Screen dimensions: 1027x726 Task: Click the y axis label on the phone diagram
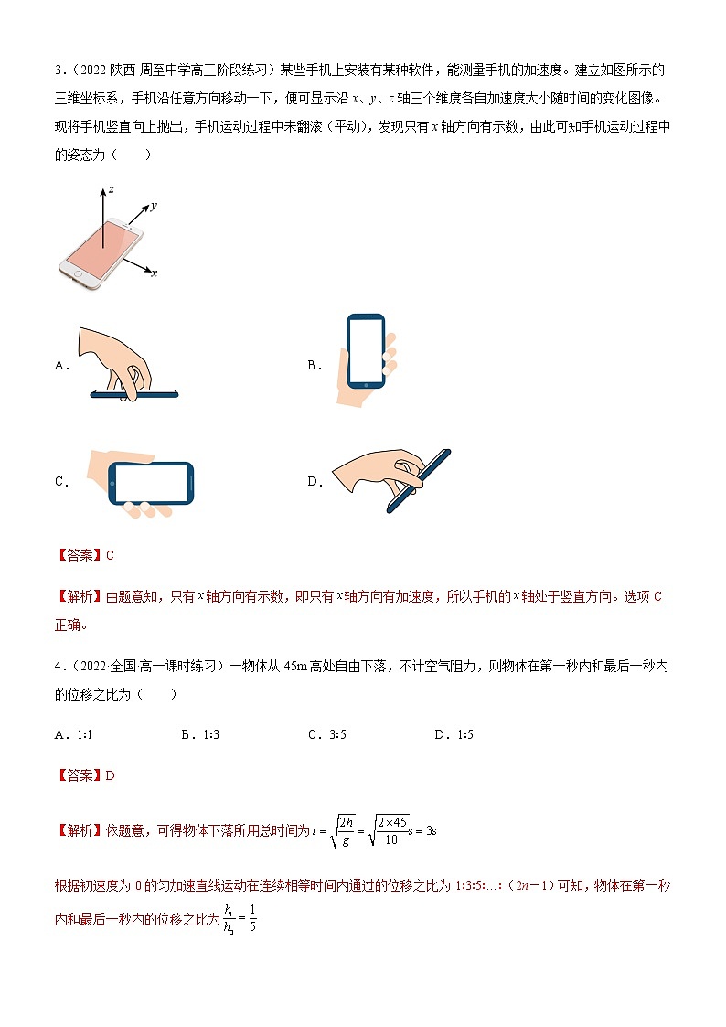pos(154,207)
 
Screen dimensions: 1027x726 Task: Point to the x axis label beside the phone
pos(154,273)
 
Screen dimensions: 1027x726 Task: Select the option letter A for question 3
pos(60,365)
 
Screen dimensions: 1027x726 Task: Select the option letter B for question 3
pos(313,365)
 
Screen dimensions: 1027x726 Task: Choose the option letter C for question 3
pos(60,482)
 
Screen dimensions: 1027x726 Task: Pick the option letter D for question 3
pos(313,482)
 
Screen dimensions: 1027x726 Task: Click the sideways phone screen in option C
pos(151,483)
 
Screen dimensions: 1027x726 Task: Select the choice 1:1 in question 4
pos(80,734)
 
